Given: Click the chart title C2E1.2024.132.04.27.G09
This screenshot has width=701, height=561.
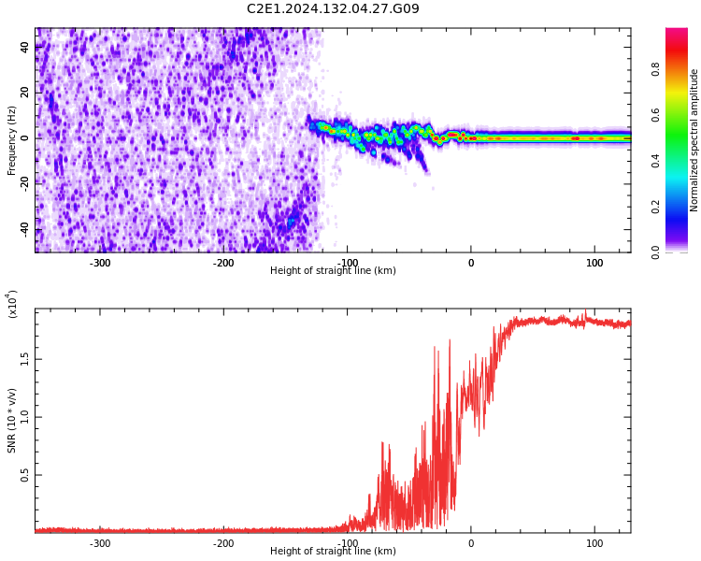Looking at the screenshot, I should click(333, 9).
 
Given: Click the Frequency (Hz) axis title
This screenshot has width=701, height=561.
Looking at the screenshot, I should click(12, 140).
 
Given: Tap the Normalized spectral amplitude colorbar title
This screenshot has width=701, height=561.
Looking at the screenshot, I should click(694, 140).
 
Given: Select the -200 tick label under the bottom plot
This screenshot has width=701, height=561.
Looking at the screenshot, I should click(223, 544).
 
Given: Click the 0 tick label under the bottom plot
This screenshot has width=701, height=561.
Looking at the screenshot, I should click(471, 544).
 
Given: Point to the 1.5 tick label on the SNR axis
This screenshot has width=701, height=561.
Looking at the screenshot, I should click(25, 359).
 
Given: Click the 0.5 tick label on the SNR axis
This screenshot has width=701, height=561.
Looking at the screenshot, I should click(25, 475).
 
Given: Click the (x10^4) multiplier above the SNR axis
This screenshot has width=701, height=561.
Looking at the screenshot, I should click(13, 304).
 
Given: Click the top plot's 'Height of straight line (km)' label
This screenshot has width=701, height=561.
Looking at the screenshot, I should click(333, 271).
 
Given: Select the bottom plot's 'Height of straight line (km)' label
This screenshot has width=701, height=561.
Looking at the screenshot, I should click(333, 552).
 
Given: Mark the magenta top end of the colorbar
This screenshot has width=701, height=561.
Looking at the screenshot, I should click(677, 33).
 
